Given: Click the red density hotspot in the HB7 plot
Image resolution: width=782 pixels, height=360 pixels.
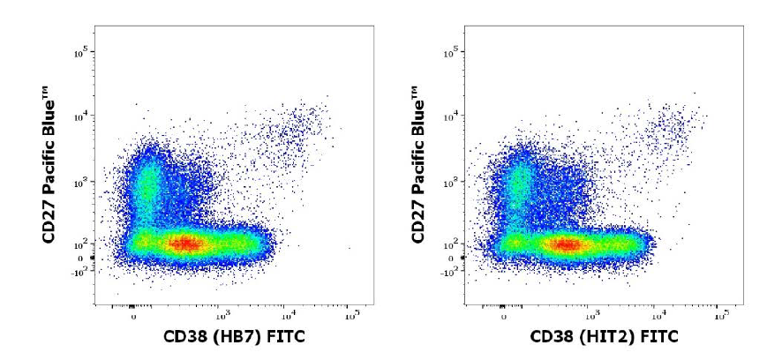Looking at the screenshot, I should tap(184, 243).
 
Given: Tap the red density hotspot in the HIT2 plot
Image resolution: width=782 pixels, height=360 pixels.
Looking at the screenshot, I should tap(565, 244).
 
